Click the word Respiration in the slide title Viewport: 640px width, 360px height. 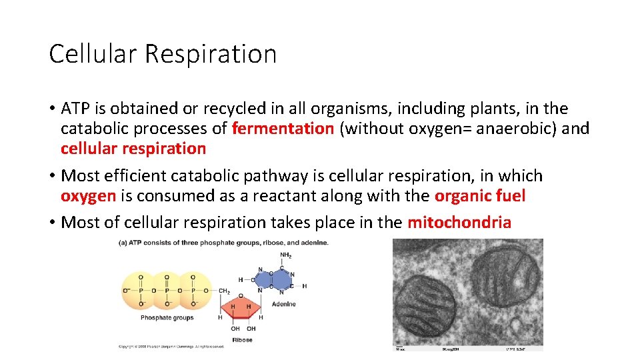pos(210,54)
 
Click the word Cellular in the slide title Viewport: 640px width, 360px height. pos(93,54)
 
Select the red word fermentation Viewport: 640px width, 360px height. pos(283,128)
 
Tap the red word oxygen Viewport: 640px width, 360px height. pos(88,196)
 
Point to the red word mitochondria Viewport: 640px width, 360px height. pos(459,222)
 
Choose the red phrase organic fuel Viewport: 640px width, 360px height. pos(479,196)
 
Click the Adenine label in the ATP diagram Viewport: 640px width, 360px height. pos(283,304)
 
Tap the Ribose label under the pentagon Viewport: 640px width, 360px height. pos(242,339)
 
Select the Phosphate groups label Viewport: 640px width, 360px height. pos(167,318)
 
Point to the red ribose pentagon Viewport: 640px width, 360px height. pos(240,308)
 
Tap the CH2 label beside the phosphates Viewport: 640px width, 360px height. pos(224,291)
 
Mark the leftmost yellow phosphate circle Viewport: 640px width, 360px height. pos(141,291)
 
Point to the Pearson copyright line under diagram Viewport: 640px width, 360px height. pos(171,347)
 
